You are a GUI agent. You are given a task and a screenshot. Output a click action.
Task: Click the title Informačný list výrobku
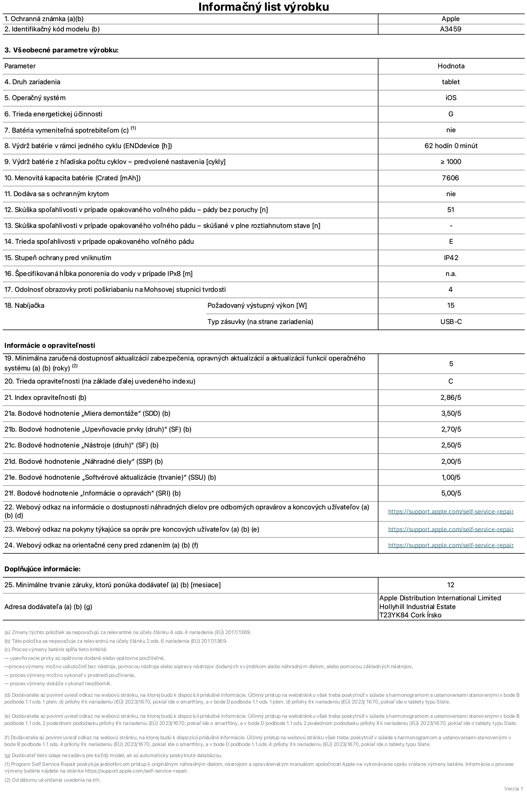click(263, 7)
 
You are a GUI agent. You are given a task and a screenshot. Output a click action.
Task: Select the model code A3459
click(450, 29)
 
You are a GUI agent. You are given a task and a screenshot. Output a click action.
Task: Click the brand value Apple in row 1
click(450, 19)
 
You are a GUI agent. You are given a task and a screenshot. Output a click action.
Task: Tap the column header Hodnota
click(451, 66)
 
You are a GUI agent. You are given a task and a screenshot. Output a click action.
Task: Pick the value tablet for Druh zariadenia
click(451, 82)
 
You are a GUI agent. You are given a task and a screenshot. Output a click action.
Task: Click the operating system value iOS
click(451, 98)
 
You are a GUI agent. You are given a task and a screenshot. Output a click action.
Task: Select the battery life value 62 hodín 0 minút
click(451, 146)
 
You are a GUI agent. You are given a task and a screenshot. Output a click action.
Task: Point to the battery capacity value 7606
click(450, 178)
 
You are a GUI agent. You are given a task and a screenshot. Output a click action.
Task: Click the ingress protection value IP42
click(451, 258)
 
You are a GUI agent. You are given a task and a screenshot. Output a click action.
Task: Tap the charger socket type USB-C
click(451, 322)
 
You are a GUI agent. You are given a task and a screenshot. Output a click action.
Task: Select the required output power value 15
click(450, 305)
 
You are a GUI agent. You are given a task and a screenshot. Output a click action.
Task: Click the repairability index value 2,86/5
click(451, 397)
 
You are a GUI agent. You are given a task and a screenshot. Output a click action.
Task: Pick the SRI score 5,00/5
click(451, 493)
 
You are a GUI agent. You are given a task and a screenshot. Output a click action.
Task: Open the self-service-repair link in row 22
click(451, 511)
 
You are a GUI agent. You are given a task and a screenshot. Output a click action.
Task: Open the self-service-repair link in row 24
click(451, 545)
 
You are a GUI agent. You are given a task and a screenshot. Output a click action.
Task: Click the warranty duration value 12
click(450, 585)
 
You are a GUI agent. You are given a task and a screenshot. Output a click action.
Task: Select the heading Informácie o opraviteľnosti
click(50, 345)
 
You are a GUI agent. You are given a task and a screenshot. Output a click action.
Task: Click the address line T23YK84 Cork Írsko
click(410, 615)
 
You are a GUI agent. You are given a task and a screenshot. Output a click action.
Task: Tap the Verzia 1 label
click(514, 788)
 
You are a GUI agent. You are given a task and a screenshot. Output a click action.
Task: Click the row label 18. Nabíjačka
click(24, 305)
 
